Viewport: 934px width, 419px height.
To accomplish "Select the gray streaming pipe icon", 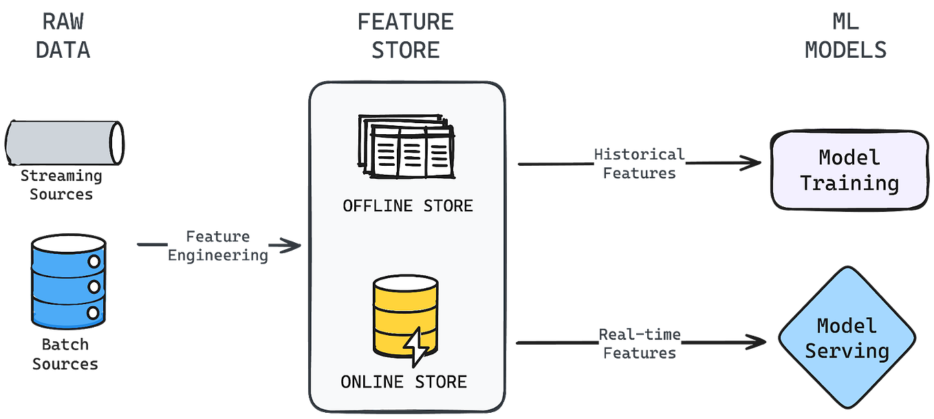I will pos(65,142).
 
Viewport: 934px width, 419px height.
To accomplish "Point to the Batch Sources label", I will pos(66,354).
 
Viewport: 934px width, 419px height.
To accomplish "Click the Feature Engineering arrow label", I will pos(218,246).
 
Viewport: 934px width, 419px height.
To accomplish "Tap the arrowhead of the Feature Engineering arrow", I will pos(294,245).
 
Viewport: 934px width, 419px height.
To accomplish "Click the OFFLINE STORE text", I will pos(407,206).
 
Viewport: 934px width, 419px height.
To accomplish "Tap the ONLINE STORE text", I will pos(404,382).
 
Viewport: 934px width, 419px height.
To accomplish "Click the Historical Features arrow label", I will pos(639,164).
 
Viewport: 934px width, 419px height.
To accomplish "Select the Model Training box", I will pos(849,170).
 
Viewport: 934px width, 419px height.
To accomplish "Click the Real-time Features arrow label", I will pos(639,343).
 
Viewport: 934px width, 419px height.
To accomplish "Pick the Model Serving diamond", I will pos(847,339).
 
